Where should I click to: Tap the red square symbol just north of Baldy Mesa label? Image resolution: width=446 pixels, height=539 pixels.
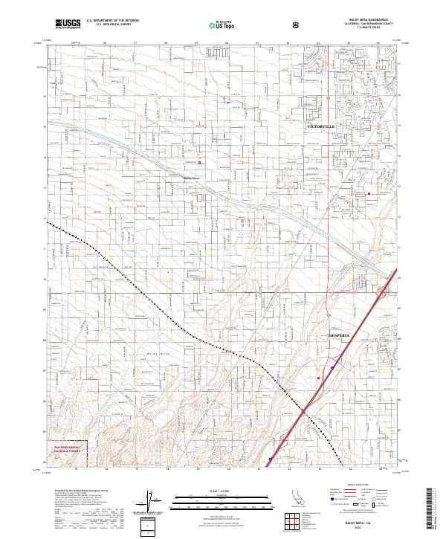point(199,162)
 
